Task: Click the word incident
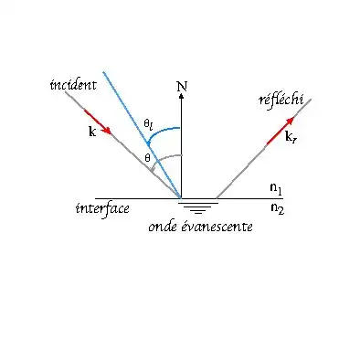73,85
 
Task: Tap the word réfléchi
281,100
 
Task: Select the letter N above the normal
182,87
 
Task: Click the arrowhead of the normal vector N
182,96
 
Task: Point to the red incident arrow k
98,122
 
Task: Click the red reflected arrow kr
281,131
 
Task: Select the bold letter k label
92,132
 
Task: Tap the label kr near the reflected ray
291,137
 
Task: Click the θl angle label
148,124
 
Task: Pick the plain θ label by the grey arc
147,158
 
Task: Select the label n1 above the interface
276,188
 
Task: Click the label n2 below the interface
277,208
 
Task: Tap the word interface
102,208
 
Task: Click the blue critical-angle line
142,134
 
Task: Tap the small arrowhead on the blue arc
148,143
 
